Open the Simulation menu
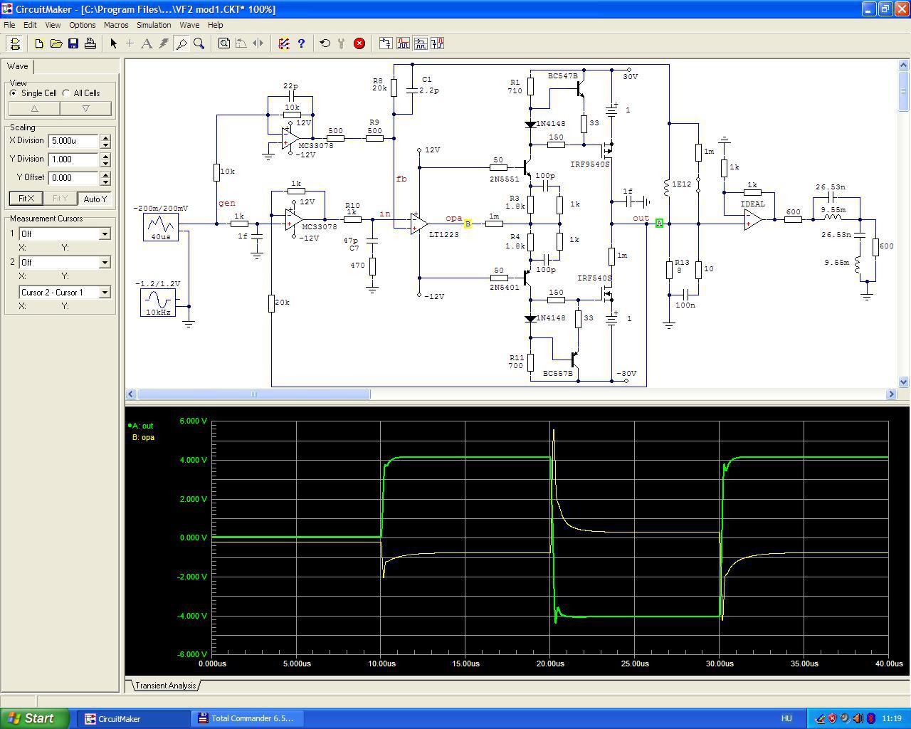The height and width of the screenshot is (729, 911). pyautogui.click(x=154, y=25)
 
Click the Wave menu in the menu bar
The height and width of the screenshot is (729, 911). pyautogui.click(x=189, y=25)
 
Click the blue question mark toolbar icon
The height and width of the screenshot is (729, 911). pyautogui.click(x=301, y=43)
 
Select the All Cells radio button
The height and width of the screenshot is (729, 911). pyautogui.click(x=66, y=93)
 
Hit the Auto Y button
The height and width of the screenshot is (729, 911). pyautogui.click(x=95, y=199)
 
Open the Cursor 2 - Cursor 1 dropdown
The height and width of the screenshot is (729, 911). pyautogui.click(x=65, y=293)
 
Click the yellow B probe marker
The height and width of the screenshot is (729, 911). pyautogui.click(x=468, y=224)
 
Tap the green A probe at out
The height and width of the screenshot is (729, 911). pyautogui.click(x=659, y=223)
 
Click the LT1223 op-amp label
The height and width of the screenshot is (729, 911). pyautogui.click(x=443, y=235)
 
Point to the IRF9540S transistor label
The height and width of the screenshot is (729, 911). pyautogui.click(x=590, y=164)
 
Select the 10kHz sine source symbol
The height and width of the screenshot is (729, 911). pyautogui.click(x=158, y=303)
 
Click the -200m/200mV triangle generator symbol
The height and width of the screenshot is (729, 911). pyautogui.click(x=160, y=228)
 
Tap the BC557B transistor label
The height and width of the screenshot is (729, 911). pyautogui.click(x=558, y=374)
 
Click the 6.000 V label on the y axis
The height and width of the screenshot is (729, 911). pyautogui.click(x=193, y=421)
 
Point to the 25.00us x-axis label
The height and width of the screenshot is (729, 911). pyautogui.click(x=635, y=664)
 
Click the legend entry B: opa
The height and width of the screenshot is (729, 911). pyautogui.click(x=143, y=437)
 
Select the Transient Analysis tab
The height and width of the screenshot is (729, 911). pyautogui.click(x=166, y=686)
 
